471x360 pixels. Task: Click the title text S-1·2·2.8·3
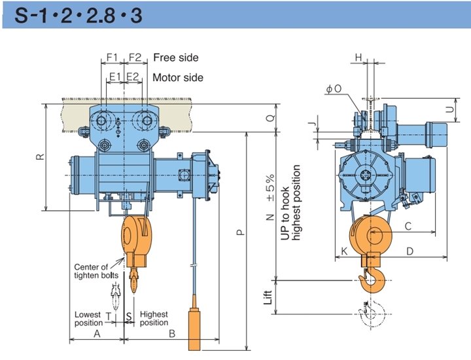click(x=78, y=15)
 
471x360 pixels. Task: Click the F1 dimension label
click(x=113, y=57)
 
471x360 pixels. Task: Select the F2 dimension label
click(x=135, y=57)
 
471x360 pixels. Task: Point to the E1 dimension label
click(x=114, y=77)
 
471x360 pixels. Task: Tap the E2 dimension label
click(x=132, y=77)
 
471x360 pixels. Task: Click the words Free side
click(x=176, y=58)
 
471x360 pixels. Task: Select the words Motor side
click(x=178, y=77)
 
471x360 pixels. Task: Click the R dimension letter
click(x=41, y=156)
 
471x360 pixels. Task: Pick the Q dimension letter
click(x=271, y=118)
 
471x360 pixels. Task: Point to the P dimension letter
click(x=241, y=232)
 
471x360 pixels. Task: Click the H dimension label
click(x=358, y=57)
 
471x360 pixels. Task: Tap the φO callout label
click(x=334, y=88)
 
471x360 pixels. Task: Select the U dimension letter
click(x=449, y=110)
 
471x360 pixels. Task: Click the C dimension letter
click(x=408, y=226)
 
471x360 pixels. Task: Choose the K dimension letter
click(x=344, y=251)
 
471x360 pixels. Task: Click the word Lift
click(x=268, y=297)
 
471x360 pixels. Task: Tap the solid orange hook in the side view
click(x=372, y=280)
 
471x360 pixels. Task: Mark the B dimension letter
click(x=172, y=334)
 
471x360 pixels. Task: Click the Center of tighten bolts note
click(x=96, y=271)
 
